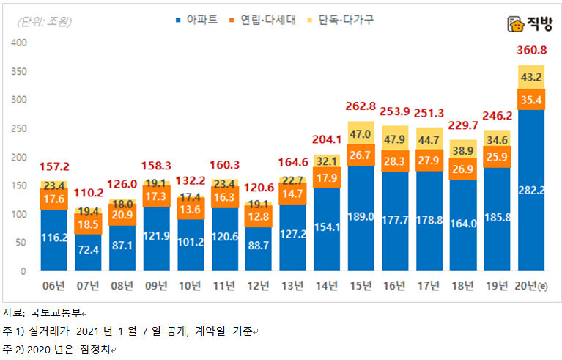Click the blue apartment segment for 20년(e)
(531, 191)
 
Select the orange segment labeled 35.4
(531, 99)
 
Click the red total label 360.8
(531, 51)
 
